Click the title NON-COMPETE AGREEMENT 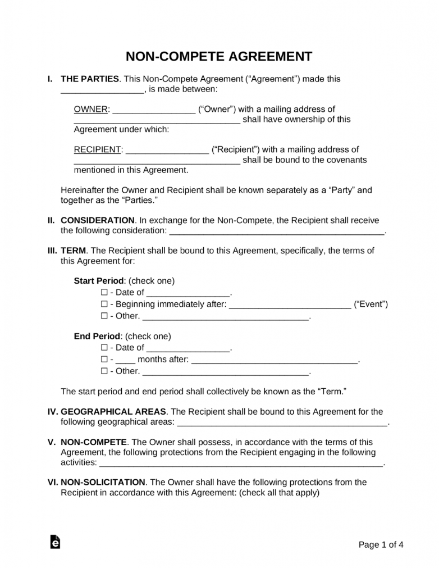coord(219,57)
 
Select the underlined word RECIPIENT coord(98,149)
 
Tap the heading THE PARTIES coord(89,79)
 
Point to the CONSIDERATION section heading coord(97,220)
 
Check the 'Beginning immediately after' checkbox coord(104,305)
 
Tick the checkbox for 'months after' coord(104,360)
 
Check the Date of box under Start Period coord(104,292)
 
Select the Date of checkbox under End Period coord(104,347)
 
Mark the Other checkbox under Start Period coord(104,316)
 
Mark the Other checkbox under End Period coord(104,371)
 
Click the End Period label coord(97,336)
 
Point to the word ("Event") coord(371,305)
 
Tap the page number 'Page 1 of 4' coord(381,544)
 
